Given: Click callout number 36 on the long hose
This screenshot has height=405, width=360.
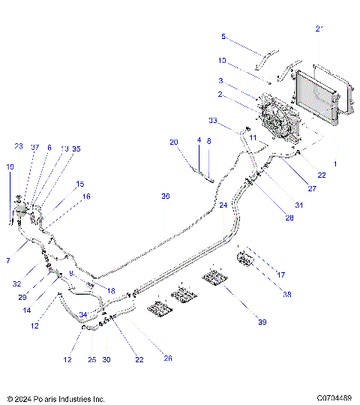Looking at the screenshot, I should click(166, 196).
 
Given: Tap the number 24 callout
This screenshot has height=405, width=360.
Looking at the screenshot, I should click(223, 205).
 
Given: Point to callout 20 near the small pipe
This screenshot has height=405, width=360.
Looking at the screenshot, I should click(173, 142).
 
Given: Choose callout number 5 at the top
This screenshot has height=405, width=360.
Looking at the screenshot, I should click(223, 37).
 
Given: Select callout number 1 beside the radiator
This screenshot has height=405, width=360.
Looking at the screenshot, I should click(334, 163).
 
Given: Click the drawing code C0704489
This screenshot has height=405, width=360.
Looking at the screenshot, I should click(334, 398).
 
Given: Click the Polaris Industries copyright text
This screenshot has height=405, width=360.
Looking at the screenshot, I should click(55, 398).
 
